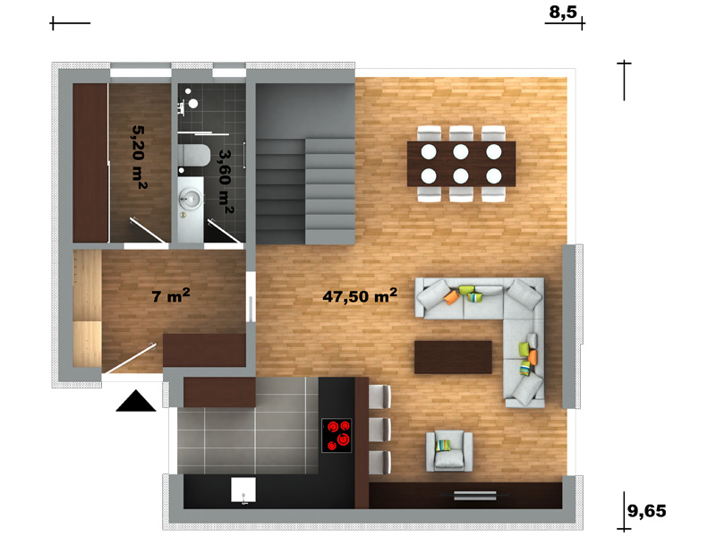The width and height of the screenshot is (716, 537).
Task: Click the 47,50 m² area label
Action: (360, 296)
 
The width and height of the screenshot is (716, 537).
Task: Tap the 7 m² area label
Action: (171, 295)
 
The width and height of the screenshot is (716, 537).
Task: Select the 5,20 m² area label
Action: (140, 158)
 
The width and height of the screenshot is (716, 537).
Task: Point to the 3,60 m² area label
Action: (226, 182)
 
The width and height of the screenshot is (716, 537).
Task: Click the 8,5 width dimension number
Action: (563, 12)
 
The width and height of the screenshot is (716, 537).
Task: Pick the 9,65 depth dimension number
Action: (646, 510)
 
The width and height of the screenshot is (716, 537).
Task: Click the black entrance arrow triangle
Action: (136, 401)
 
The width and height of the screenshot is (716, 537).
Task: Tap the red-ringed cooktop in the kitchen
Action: (337, 435)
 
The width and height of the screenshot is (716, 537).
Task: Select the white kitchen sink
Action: (243, 490)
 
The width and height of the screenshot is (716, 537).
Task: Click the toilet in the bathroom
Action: (193, 156)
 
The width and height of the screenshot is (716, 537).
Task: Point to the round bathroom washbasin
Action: (190, 198)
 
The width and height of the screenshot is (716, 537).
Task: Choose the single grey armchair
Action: (449, 451)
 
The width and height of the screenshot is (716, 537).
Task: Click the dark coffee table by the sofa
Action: (453, 357)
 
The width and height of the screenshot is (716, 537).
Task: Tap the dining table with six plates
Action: (461, 164)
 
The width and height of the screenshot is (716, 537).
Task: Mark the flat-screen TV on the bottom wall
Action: (475, 496)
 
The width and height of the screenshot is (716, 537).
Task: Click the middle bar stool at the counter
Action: (379, 430)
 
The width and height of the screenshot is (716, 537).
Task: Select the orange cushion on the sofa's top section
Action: (452, 297)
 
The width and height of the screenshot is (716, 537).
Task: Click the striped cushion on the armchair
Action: (443, 445)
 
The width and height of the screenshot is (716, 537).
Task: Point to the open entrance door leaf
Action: (129, 359)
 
